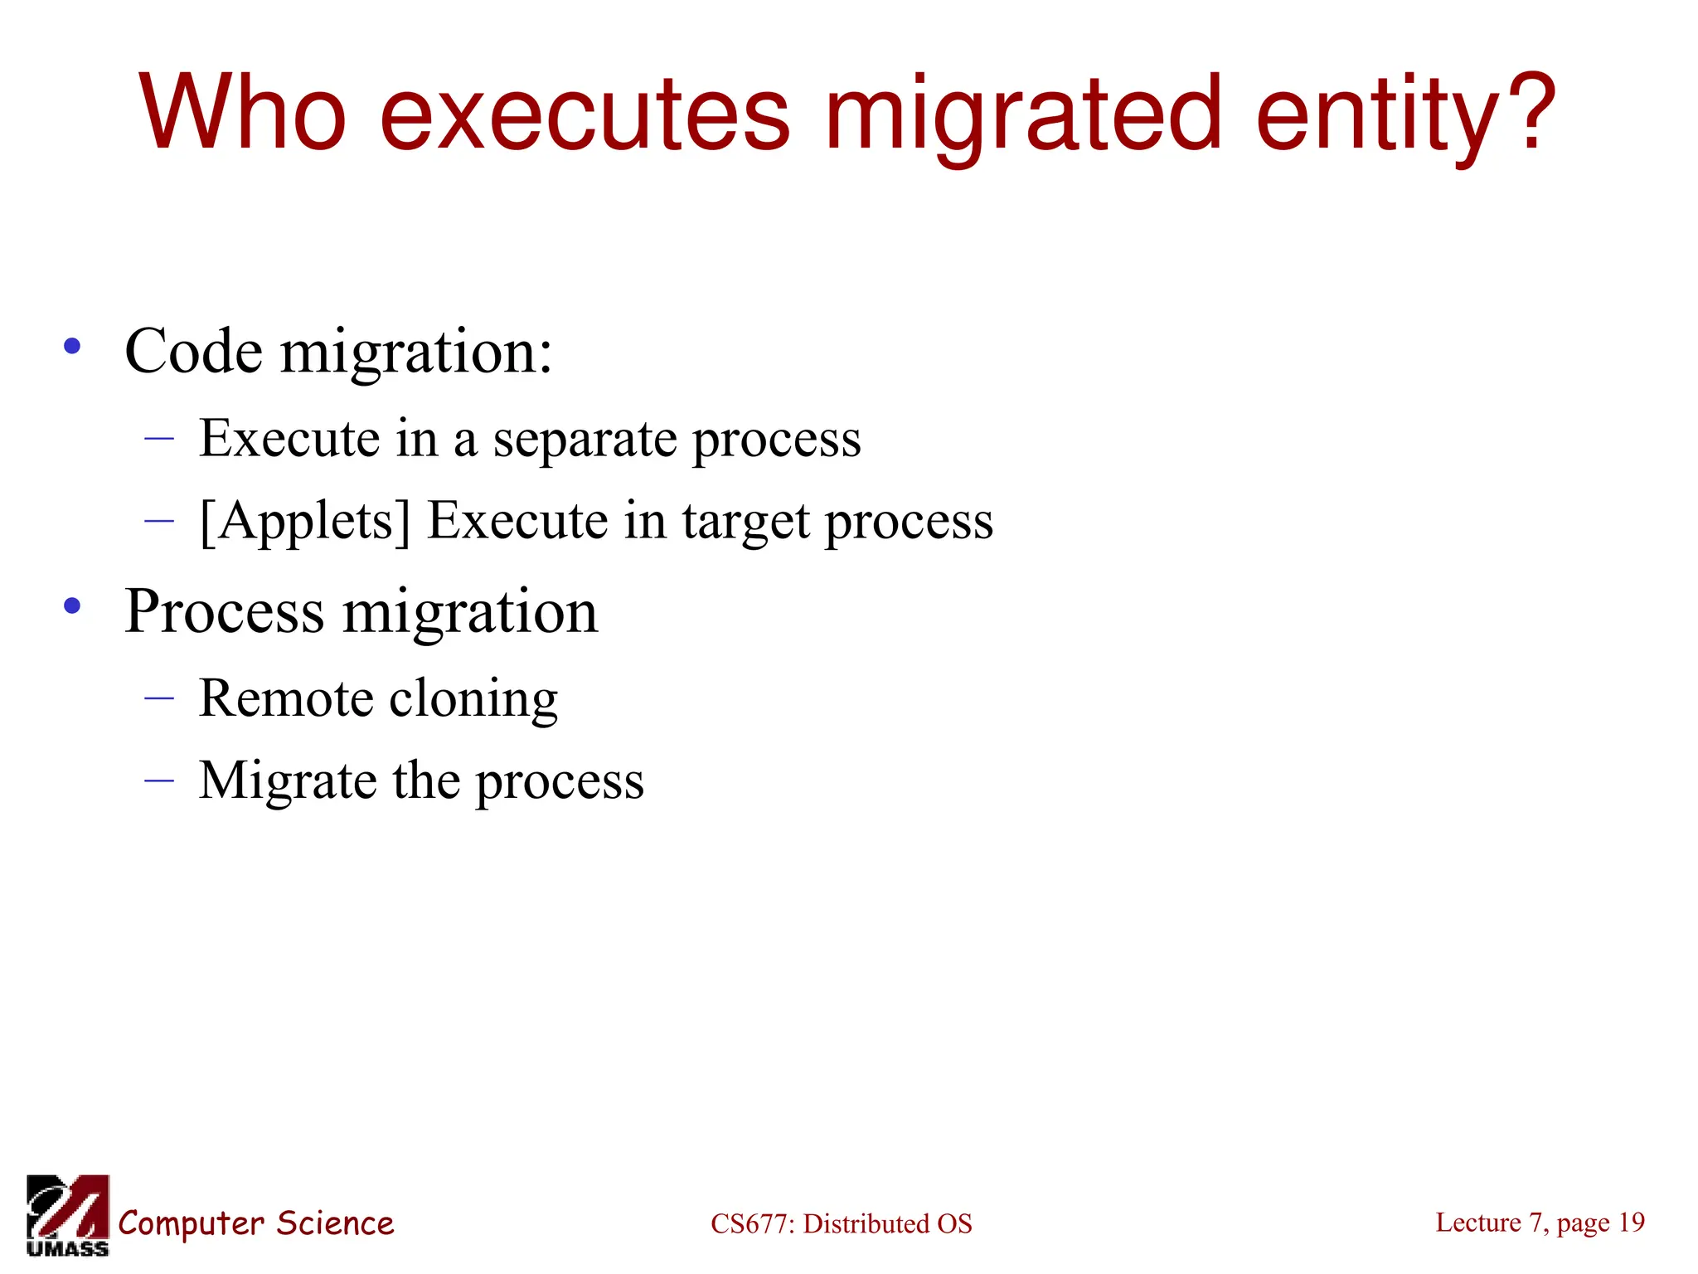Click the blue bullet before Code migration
coord(72,347)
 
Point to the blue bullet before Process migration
coord(72,606)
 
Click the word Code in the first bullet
coord(193,352)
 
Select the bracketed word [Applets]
coord(305,523)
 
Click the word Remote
coord(286,698)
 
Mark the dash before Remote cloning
coord(158,698)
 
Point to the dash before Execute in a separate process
coord(158,437)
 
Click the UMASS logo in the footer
coord(67,1215)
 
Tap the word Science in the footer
coord(335,1223)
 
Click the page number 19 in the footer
coord(1631,1223)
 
